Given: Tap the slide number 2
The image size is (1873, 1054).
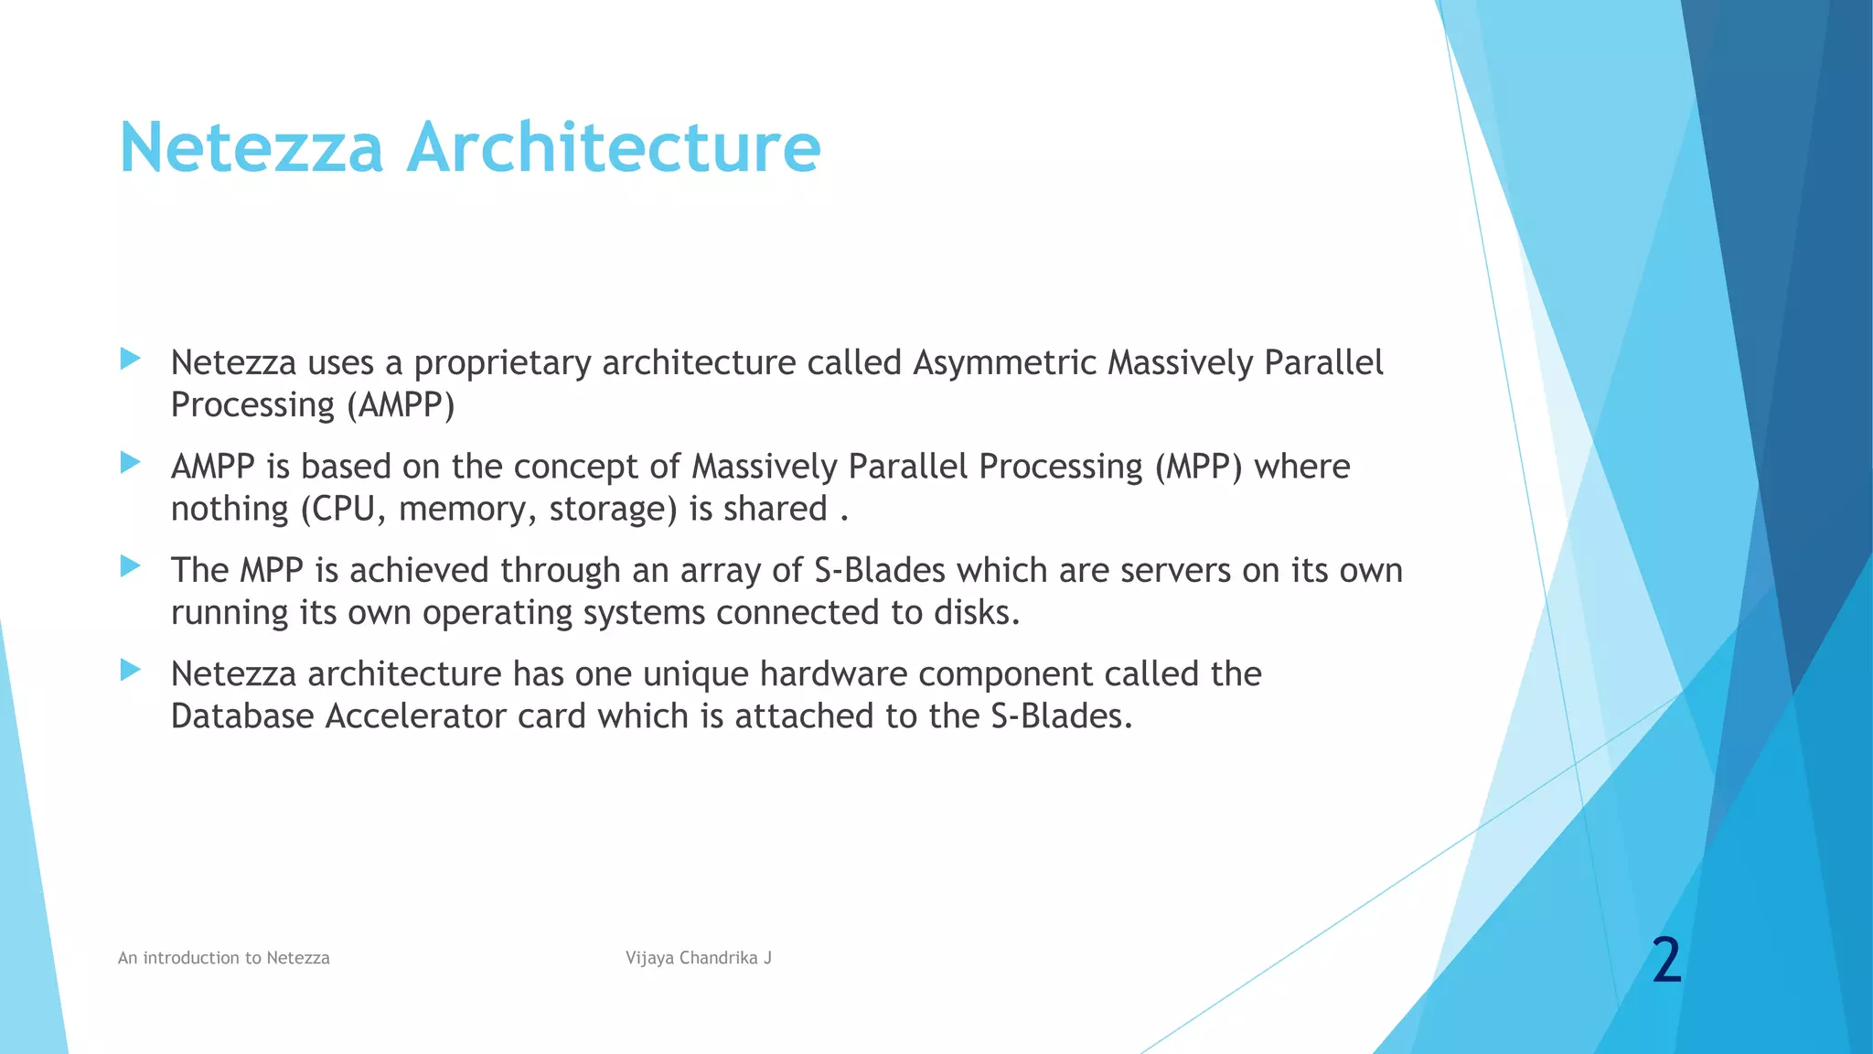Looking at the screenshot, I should (1666, 961).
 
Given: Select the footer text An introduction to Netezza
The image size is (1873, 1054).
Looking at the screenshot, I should (223, 958).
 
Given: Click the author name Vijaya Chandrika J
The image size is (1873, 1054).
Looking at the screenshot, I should (698, 958).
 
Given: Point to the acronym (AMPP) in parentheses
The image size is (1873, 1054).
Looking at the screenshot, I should (401, 405).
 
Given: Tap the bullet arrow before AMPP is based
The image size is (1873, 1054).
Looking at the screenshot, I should (130, 463).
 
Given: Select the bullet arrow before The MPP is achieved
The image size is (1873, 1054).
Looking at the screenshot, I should (130, 566).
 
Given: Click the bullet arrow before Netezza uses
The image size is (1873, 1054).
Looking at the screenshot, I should (130, 359).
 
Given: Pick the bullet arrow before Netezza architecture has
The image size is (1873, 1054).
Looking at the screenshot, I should (130, 671).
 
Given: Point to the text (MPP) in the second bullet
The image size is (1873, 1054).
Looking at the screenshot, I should (1198, 467).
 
